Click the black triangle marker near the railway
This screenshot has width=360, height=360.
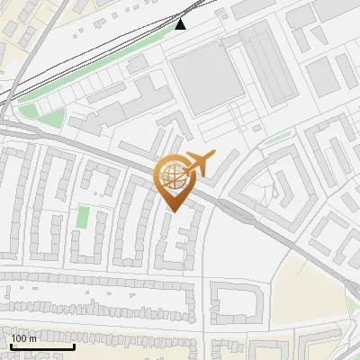pyautogui.click(x=181, y=23)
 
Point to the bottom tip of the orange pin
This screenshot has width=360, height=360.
pyautogui.click(x=173, y=212)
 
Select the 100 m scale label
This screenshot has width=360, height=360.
pyautogui.click(x=23, y=338)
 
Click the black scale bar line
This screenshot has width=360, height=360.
pyautogui.click(x=41, y=346)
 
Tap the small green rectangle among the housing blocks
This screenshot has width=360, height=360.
pyautogui.click(x=83, y=216)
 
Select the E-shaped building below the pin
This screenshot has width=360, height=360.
pyautogui.click(x=177, y=241)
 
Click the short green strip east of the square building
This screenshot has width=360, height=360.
pyautogui.click(x=277, y=136)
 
